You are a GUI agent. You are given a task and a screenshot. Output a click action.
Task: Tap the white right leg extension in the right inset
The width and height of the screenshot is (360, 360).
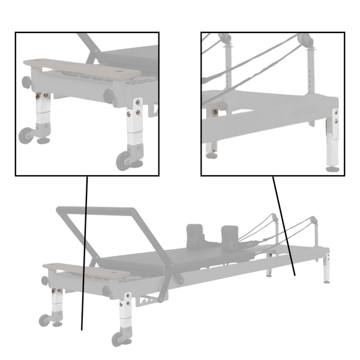[x=331, y=142]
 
